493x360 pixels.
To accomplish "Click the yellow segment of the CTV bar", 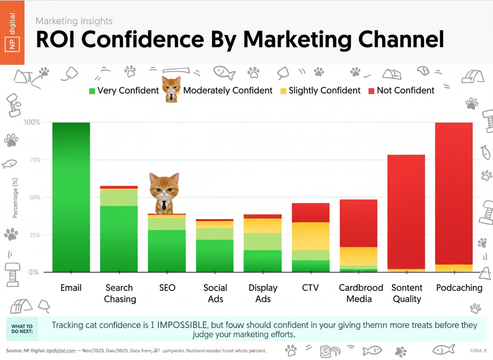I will point(311,236).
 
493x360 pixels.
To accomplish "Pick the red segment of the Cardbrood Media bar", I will point(359,223).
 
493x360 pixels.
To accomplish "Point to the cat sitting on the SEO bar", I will point(164,193).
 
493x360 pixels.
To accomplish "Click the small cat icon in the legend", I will point(171,89).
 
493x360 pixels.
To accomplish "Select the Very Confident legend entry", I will point(124,91).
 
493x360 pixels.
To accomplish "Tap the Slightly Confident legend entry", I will point(320,91).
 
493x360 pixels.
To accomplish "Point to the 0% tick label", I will point(33,272).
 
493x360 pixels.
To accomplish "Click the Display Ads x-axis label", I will point(263,293).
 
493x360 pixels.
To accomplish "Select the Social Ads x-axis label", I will point(215,293).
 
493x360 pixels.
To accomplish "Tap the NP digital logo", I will point(12,32).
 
